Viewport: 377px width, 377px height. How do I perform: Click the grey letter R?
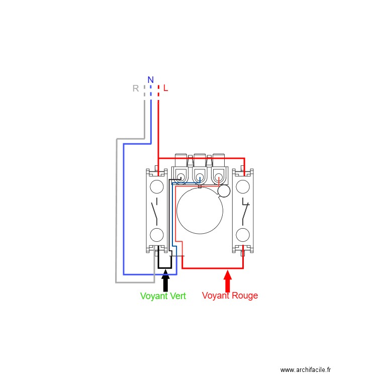135,88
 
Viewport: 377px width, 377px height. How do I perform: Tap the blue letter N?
150,80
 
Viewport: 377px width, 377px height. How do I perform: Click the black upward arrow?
165,280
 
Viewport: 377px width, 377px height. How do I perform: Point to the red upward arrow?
228,280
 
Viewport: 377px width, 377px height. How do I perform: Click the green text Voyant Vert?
163,296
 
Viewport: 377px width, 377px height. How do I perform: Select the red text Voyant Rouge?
230,296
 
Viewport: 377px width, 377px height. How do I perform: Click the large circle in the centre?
200,211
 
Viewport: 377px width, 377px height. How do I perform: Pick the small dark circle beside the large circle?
224,191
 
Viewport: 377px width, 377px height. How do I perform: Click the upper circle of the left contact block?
157,187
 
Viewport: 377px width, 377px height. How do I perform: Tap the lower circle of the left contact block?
157,235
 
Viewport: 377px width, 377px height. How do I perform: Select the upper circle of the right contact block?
243,187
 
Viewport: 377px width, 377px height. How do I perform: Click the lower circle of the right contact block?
243,235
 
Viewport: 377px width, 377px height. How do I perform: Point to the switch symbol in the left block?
156,211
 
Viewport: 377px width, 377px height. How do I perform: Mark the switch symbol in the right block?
244,211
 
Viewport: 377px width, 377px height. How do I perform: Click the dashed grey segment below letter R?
144,92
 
